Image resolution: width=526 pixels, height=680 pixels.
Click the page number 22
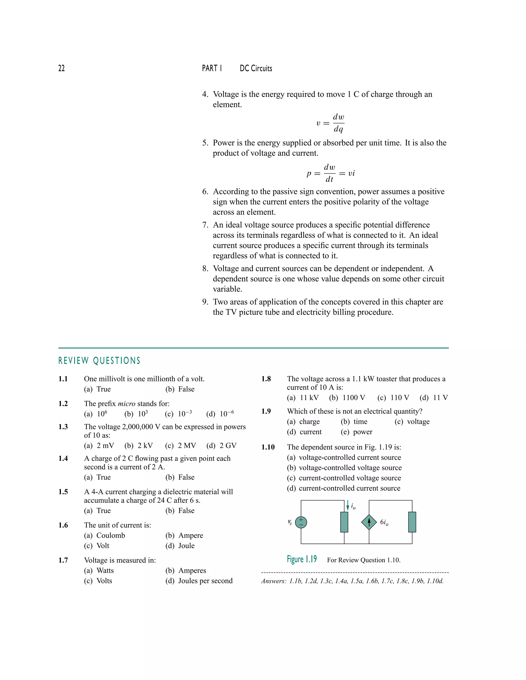61,68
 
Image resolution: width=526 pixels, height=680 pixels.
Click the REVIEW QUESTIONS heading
99,361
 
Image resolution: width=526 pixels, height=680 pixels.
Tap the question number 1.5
63,492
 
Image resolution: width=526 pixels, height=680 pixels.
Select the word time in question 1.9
360,422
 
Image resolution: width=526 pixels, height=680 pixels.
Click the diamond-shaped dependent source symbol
369,522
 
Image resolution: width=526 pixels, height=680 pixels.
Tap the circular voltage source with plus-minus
301,522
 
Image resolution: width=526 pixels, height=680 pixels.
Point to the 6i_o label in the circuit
384,522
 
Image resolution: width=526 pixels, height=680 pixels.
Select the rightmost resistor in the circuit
412,522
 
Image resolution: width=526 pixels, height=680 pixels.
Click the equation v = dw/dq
330,123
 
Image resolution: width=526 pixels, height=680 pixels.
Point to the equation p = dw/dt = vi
330,173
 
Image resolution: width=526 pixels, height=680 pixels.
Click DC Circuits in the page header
256,69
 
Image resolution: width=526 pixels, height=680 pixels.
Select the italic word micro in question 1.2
126,404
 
